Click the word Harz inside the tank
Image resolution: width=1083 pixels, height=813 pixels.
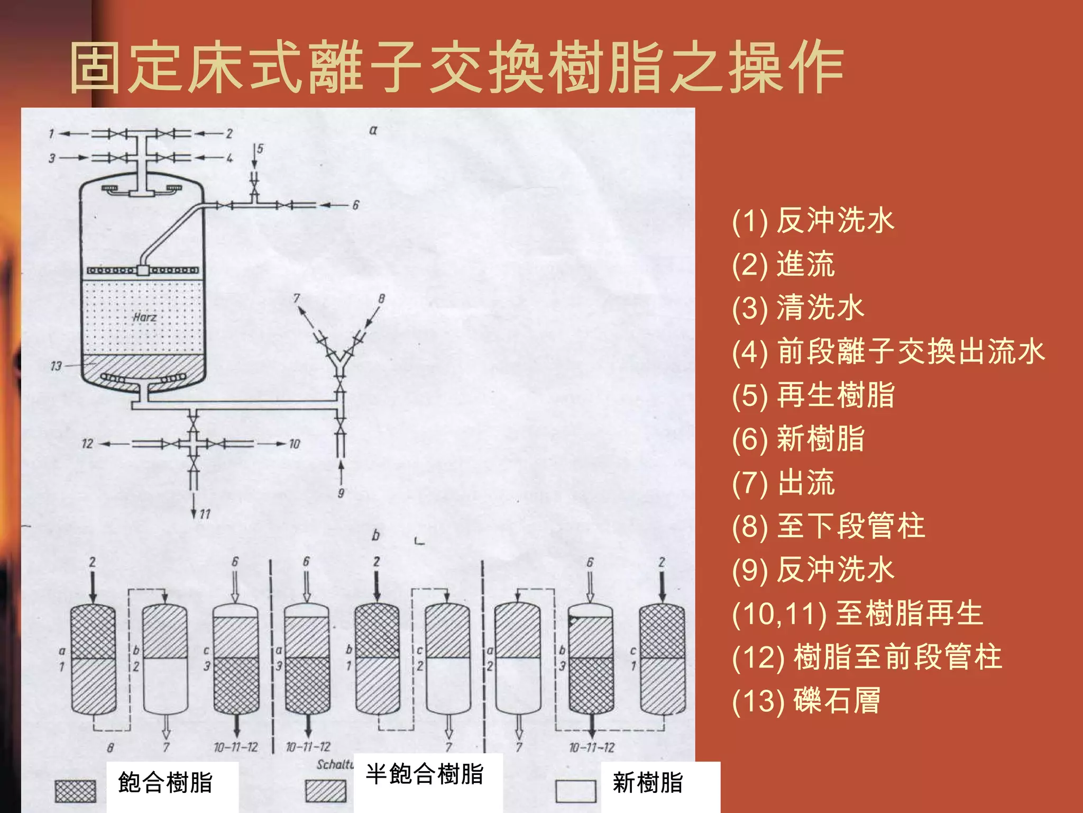point(144,317)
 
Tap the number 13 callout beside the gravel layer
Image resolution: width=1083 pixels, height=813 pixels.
point(56,366)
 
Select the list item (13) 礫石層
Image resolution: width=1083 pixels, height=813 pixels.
point(806,701)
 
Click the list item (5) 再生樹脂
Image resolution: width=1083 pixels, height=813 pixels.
point(813,395)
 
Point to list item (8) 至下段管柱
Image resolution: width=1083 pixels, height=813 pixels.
point(828,526)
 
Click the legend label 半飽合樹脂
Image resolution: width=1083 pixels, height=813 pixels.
point(424,774)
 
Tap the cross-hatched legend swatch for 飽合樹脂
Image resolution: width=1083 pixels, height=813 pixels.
point(76,791)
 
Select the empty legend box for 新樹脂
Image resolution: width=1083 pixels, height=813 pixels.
point(575,791)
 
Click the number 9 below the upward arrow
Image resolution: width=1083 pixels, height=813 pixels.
point(341,493)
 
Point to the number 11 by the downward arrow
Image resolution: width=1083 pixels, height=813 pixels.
point(205,514)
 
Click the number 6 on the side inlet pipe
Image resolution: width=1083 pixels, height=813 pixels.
point(355,205)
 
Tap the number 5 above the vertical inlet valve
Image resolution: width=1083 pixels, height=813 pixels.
point(260,149)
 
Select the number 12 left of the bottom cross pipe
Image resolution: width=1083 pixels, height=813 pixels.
point(87,444)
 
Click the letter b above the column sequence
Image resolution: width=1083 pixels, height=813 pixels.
point(375,535)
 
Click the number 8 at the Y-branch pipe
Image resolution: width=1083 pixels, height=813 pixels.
point(381,299)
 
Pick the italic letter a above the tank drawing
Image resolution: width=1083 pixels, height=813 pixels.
point(373,130)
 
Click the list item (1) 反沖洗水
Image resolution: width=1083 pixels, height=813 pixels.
point(813,221)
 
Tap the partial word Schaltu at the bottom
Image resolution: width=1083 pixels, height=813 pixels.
point(334,764)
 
